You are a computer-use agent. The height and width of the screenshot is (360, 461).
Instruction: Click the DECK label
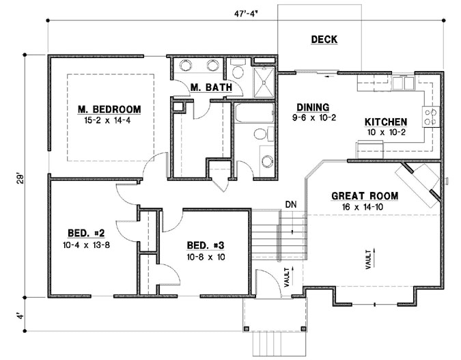[324, 40]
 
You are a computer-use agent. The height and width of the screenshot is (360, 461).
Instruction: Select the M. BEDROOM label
[109, 109]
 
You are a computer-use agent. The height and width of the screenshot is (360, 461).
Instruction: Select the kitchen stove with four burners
[431, 117]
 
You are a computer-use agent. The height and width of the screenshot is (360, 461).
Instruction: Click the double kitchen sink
[402, 83]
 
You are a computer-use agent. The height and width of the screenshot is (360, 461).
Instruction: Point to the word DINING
[312, 107]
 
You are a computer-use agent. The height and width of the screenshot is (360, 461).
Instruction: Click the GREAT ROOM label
[365, 195]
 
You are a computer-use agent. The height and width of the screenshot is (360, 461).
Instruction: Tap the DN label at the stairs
[291, 204]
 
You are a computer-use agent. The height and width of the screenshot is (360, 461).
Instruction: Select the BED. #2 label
[81, 231]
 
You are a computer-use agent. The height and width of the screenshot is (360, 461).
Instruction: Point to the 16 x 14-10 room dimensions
[365, 206]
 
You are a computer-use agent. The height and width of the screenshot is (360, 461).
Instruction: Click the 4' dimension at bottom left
[20, 317]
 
